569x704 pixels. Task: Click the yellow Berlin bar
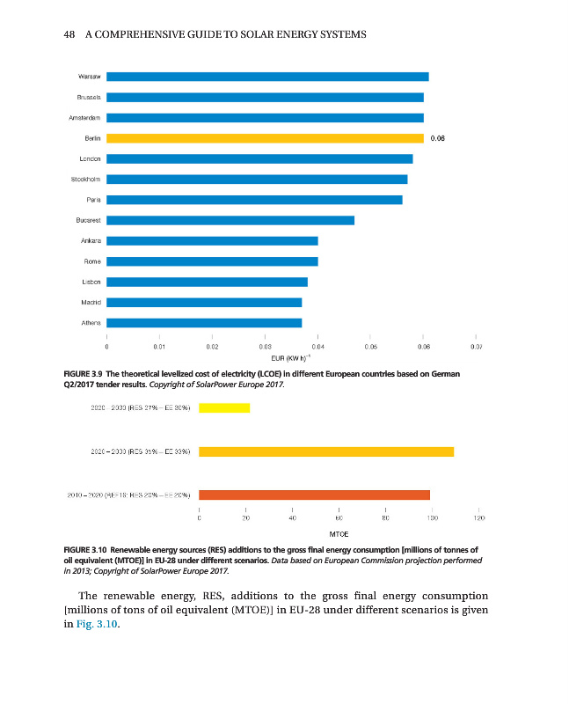(x=265, y=138)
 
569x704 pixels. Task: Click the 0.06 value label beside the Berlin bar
(x=439, y=138)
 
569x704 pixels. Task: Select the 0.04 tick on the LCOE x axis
(x=317, y=348)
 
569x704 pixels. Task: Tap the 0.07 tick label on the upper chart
(x=476, y=348)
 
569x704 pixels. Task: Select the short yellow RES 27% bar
(x=224, y=407)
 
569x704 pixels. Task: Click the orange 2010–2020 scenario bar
(x=315, y=495)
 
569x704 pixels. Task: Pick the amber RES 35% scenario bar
(x=326, y=451)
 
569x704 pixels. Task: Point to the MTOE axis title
(x=339, y=533)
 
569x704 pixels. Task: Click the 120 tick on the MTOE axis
(x=477, y=519)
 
